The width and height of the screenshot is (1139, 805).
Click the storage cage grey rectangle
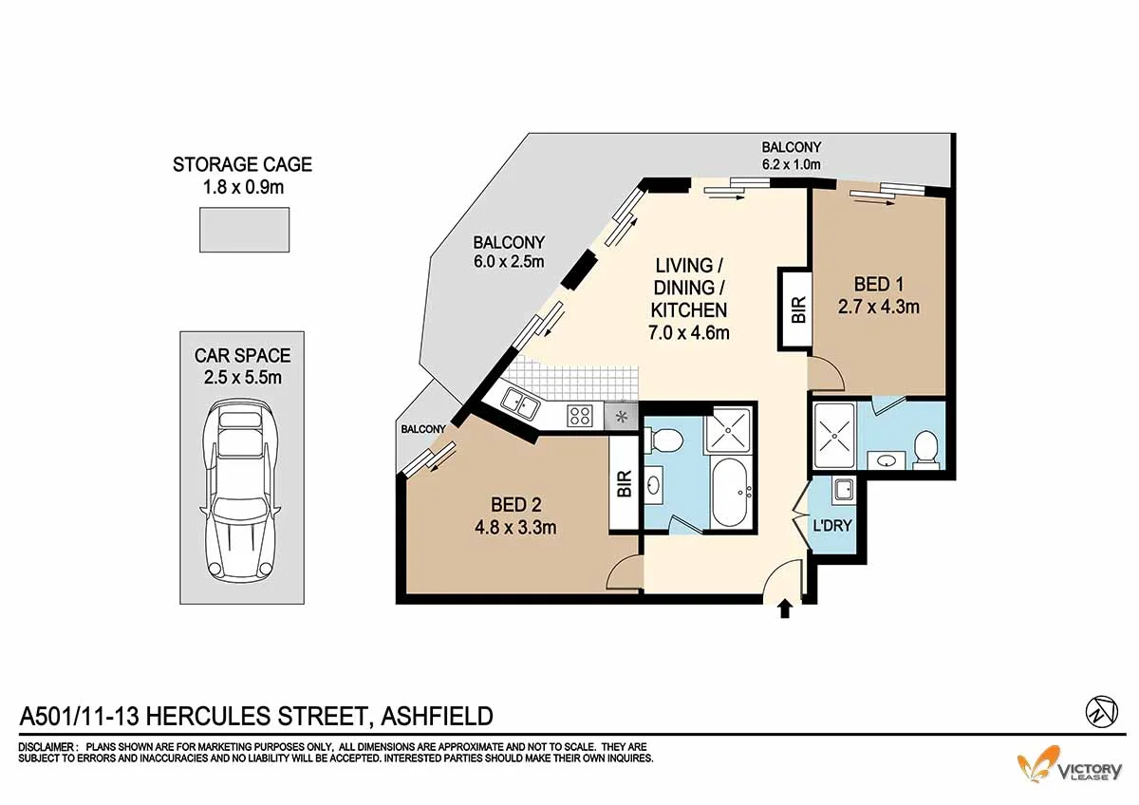pyautogui.click(x=245, y=230)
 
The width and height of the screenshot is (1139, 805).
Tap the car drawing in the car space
pyautogui.click(x=241, y=491)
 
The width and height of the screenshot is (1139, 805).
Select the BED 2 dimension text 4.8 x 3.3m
pyautogui.click(x=515, y=528)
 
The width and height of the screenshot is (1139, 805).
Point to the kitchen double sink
pyautogui.click(x=520, y=404)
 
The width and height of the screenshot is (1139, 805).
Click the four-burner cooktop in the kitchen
pyautogui.click(x=579, y=415)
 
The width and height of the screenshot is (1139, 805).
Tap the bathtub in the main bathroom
pyautogui.click(x=729, y=493)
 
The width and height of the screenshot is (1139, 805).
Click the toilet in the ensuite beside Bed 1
pyautogui.click(x=926, y=450)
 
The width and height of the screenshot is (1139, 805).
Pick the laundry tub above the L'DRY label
pyautogui.click(x=844, y=490)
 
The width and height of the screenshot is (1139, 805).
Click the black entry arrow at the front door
pyautogui.click(x=785, y=608)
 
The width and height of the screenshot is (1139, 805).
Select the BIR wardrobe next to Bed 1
pyautogui.click(x=794, y=309)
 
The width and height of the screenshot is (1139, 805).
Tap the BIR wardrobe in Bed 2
pyautogui.click(x=624, y=483)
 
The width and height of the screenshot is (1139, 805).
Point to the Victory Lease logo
pyautogui.click(x=1070, y=764)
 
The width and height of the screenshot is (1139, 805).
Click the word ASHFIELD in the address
pyautogui.click(x=437, y=716)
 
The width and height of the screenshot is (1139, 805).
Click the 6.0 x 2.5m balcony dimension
pyautogui.click(x=509, y=261)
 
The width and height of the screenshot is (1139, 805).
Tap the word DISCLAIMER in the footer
pyautogui.click(x=47, y=747)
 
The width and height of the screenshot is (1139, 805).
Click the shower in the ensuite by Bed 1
pyautogui.click(x=834, y=436)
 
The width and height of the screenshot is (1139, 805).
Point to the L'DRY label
pyautogui.click(x=832, y=526)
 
